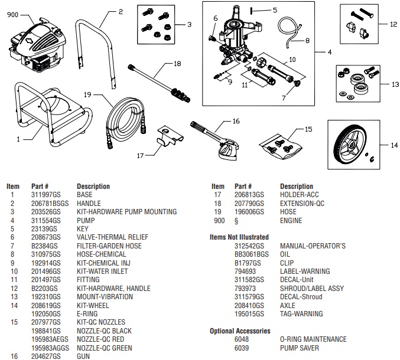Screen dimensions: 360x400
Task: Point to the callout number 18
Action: [177, 63]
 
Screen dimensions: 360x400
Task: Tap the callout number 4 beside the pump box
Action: [329, 51]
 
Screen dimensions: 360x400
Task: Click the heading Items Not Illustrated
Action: [239, 237]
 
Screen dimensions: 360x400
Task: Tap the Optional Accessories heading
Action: [240, 331]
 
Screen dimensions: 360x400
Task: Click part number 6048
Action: [242, 339]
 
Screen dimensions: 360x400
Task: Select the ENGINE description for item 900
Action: [291, 220]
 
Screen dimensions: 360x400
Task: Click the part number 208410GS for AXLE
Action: [248, 305]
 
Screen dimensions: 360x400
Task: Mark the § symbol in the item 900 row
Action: [237, 220]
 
